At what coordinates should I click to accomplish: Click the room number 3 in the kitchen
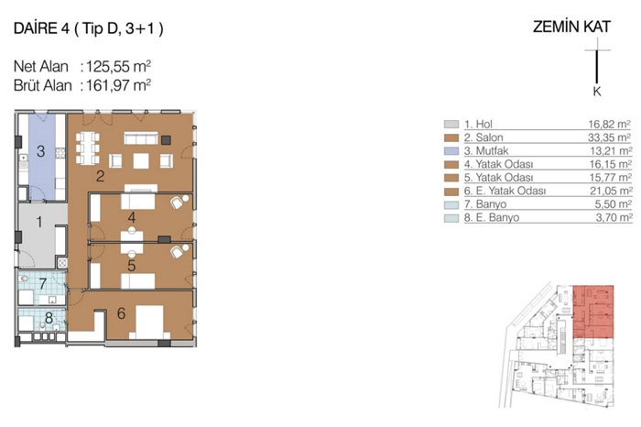[x=40, y=151]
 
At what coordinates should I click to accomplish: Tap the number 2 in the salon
[x=100, y=176]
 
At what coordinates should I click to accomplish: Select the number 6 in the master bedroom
[x=121, y=313]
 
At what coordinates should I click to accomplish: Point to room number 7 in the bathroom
[x=42, y=283]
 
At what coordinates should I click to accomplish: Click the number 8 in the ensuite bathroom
[x=49, y=318]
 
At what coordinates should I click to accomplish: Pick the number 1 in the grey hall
[x=39, y=222]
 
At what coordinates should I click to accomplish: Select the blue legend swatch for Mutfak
[x=451, y=151]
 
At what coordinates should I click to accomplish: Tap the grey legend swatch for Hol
[x=451, y=124]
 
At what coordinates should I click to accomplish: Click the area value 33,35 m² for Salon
[x=609, y=137]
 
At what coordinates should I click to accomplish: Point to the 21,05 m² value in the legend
[x=611, y=191]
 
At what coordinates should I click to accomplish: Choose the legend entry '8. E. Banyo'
[x=492, y=217]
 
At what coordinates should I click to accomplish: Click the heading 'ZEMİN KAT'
[x=571, y=27]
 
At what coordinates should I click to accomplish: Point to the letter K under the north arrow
[x=597, y=92]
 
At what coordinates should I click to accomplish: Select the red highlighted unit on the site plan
[x=593, y=312]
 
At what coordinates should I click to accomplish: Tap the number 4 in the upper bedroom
[x=132, y=217]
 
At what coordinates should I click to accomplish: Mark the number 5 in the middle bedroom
[x=131, y=266]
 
